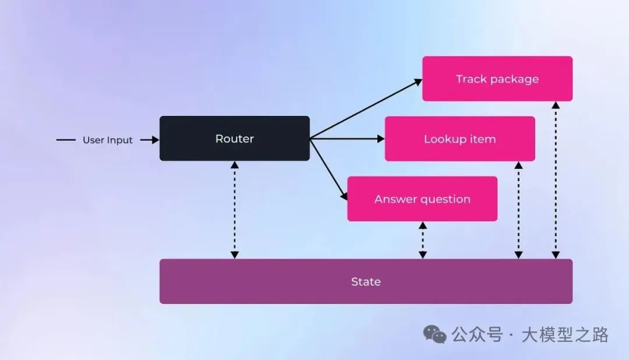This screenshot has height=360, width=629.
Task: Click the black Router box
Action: pyautogui.click(x=235, y=139)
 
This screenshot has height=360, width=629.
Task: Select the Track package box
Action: pyautogui.click(x=497, y=79)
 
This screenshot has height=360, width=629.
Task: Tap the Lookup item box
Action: pyautogui.click(x=460, y=139)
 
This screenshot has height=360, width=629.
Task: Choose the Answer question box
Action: pyautogui.click(x=422, y=199)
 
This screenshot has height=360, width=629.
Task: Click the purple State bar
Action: pyautogui.click(x=366, y=281)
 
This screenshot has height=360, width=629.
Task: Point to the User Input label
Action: pyautogui.click(x=108, y=140)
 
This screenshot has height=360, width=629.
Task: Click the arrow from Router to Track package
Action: pyautogui.click(x=366, y=109)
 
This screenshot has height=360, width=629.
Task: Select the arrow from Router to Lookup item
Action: pyautogui.click(x=347, y=139)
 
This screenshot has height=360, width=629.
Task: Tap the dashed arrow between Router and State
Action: pyautogui.click(x=235, y=210)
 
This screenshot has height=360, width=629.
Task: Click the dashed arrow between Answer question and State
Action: pyautogui.click(x=423, y=240)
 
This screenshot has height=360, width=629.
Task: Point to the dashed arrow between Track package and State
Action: pyautogui.click(x=556, y=180)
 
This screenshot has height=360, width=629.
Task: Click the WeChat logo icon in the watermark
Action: pyautogui.click(x=435, y=334)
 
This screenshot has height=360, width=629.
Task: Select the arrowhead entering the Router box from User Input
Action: pyautogui.click(x=155, y=140)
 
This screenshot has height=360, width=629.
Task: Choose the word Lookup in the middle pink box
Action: pyautogui.click(x=441, y=139)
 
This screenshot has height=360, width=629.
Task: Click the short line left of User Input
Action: pyautogui.click(x=66, y=140)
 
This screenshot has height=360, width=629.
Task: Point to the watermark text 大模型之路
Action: pyautogui.click(x=565, y=335)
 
